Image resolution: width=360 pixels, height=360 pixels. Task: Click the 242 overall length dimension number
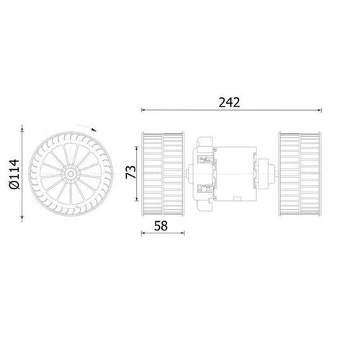[x=229, y=102]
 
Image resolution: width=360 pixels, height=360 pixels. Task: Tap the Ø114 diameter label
[x=14, y=174]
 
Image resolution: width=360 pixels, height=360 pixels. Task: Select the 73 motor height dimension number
[x=131, y=172]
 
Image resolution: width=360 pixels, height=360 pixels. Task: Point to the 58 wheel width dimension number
[x=161, y=226]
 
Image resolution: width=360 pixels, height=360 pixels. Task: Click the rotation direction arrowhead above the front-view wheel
[x=94, y=130]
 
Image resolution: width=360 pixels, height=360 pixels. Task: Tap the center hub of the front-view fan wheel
[x=71, y=174]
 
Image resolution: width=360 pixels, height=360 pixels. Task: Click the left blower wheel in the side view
[x=163, y=174]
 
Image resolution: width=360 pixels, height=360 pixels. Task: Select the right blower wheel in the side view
[x=300, y=174]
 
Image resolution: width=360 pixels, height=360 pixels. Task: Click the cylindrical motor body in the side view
[x=235, y=174]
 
